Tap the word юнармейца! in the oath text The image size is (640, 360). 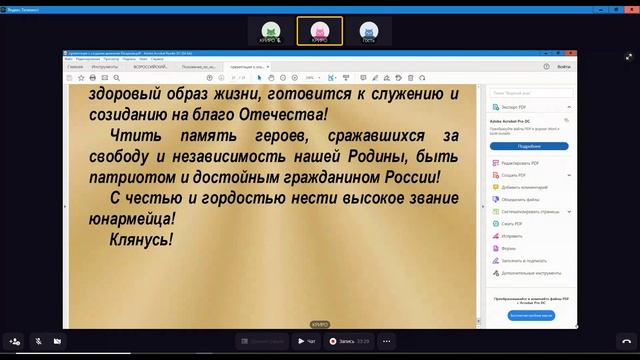130,217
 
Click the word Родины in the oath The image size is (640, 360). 380,156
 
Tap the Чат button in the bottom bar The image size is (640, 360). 306,341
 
